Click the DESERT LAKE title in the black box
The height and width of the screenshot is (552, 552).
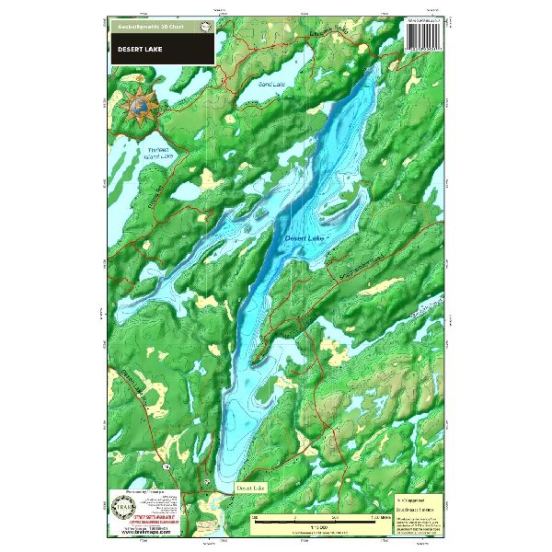(x=137, y=50)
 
